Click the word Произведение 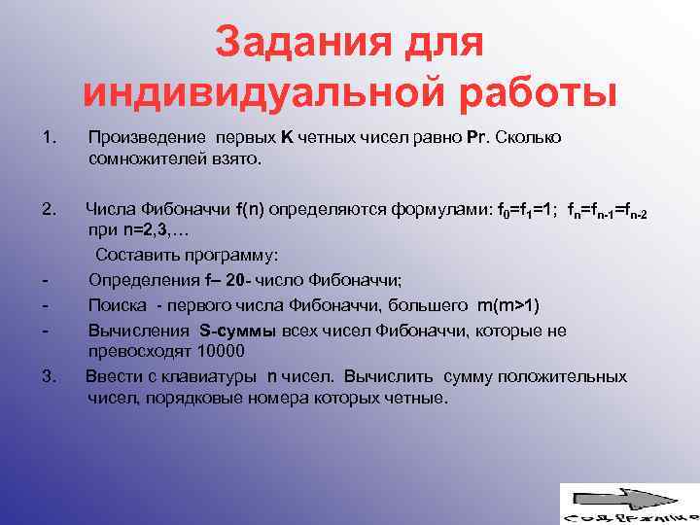(x=144, y=138)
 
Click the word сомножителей (x=149, y=159)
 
